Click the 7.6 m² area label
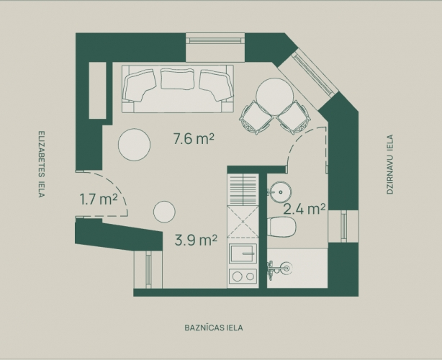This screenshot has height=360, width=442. (x=194, y=139)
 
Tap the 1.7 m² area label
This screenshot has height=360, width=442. (x=99, y=199)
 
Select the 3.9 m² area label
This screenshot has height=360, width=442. (x=197, y=240)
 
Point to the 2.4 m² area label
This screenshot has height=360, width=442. (x=305, y=209)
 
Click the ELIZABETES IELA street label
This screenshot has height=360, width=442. (x=42, y=164)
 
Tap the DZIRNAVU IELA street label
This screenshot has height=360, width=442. (x=390, y=164)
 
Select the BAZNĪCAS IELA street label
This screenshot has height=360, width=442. (x=214, y=328)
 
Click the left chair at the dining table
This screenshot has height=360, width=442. (x=256, y=117)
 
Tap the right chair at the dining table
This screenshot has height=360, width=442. (x=294, y=117)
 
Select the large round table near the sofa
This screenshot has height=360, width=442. (x=134, y=145)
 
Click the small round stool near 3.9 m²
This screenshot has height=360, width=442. (x=164, y=212)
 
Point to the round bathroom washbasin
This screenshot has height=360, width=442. (x=279, y=192)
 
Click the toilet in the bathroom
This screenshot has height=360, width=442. (x=281, y=227)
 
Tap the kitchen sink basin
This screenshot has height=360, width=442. (x=243, y=253)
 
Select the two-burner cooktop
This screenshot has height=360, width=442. (x=243, y=276)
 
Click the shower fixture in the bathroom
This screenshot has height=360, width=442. (x=279, y=268)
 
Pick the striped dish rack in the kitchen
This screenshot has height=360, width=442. (x=243, y=190)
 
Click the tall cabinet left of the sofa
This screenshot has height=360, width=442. (x=97, y=90)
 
